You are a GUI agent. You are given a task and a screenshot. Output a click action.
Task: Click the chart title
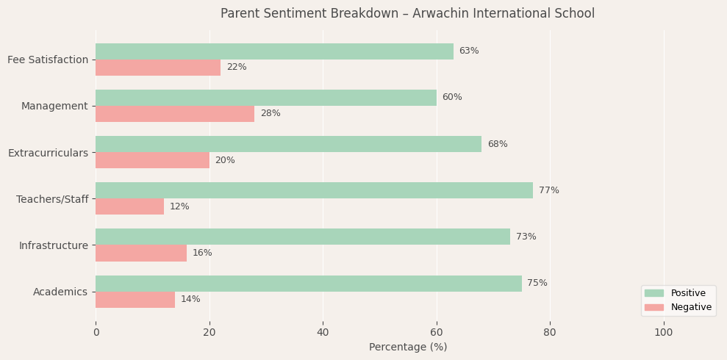pos(407,14)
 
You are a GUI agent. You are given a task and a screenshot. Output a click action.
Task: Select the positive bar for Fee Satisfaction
pos(274,51)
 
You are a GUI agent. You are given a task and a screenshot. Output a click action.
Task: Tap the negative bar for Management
pos(175,114)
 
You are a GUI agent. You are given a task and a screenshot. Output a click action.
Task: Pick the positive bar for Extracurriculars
pos(288,144)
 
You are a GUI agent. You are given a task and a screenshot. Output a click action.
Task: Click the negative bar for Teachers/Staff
pos(129,206)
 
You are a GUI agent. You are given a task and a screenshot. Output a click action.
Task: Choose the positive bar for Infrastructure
pos(303,237)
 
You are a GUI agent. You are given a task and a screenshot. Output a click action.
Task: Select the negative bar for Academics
pos(135,300)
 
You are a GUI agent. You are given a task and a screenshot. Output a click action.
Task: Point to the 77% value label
pos(548,190)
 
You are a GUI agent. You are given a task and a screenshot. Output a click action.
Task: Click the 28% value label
pos(271,114)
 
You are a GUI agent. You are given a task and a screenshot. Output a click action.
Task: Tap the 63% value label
pos(469,51)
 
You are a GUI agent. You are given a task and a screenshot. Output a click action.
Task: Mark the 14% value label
pos(190,300)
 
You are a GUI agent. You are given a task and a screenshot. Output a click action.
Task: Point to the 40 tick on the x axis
pos(323,333)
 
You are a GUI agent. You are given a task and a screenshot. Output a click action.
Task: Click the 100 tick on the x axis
pos(664,333)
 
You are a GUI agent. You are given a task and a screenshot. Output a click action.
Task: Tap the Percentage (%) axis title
pos(408,348)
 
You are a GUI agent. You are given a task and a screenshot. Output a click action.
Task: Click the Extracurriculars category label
pos(48,153)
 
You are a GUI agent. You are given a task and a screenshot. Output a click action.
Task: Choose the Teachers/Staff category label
pos(52,199)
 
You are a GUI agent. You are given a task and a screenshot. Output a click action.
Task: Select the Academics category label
pos(60,292)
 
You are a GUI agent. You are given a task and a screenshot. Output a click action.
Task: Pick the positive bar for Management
pos(266,98)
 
